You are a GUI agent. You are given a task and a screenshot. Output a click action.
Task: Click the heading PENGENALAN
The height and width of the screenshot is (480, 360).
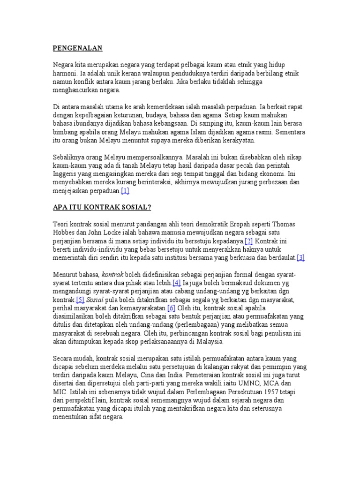77,48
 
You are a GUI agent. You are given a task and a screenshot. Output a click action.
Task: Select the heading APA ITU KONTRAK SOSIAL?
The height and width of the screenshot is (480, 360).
102,207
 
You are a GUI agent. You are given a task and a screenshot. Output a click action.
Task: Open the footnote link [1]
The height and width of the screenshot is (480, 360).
125,191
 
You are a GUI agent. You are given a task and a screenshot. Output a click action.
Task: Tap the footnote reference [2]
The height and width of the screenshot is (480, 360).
248,241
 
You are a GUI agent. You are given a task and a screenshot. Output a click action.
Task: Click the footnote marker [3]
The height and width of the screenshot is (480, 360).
300,257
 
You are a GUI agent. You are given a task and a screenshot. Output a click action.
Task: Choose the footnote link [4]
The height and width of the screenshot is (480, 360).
176,283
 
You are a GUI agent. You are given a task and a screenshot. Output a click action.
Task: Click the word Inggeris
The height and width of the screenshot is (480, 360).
66,174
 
